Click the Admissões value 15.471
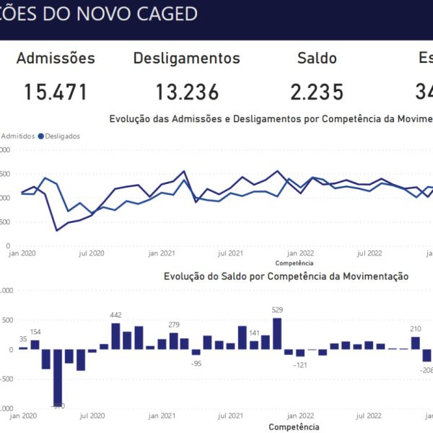click(56, 92)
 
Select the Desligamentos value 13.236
click(187, 92)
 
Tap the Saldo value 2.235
click(317, 92)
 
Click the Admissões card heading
click(56, 58)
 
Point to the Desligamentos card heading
click(187, 58)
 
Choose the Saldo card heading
click(317, 58)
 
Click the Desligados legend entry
click(59, 136)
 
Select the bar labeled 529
click(277, 334)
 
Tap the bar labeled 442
click(115, 336)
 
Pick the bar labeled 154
click(35, 345)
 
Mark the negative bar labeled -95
click(196, 352)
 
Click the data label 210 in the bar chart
click(415, 329)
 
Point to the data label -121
click(300, 364)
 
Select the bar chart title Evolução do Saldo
click(286, 276)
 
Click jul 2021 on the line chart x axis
click(230, 253)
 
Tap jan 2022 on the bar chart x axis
click(300, 416)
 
